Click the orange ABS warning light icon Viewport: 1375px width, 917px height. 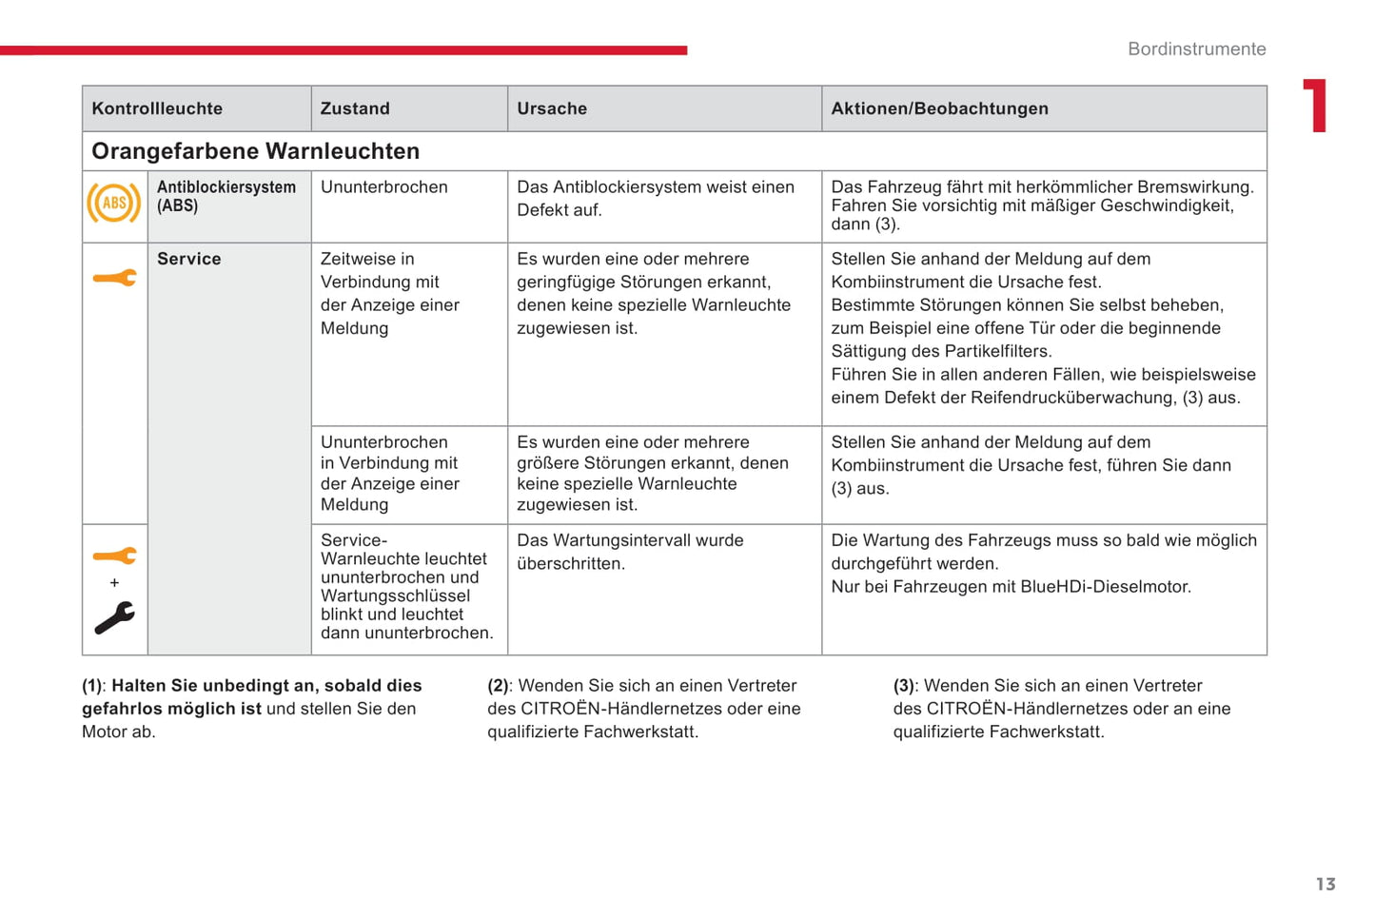click(x=114, y=203)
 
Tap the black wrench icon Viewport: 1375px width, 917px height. click(x=114, y=618)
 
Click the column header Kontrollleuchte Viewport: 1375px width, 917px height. click(x=157, y=108)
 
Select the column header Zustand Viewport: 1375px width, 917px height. click(x=355, y=108)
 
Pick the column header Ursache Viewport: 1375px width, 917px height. click(x=552, y=108)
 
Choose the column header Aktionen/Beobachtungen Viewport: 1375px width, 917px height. click(x=939, y=108)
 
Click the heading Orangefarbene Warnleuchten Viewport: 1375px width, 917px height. click(x=255, y=151)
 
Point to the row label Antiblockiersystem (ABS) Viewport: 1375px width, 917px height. click(x=226, y=196)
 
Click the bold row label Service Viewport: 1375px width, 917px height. click(x=188, y=259)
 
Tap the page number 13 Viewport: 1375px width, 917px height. click(x=1326, y=884)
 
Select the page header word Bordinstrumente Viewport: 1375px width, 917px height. click(x=1196, y=49)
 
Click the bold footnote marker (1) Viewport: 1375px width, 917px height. click(x=92, y=686)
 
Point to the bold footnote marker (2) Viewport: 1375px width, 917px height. click(x=498, y=686)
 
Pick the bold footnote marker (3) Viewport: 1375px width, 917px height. click(x=904, y=686)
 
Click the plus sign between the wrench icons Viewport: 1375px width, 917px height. click(x=114, y=582)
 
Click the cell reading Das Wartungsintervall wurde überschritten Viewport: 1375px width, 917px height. click(x=629, y=552)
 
